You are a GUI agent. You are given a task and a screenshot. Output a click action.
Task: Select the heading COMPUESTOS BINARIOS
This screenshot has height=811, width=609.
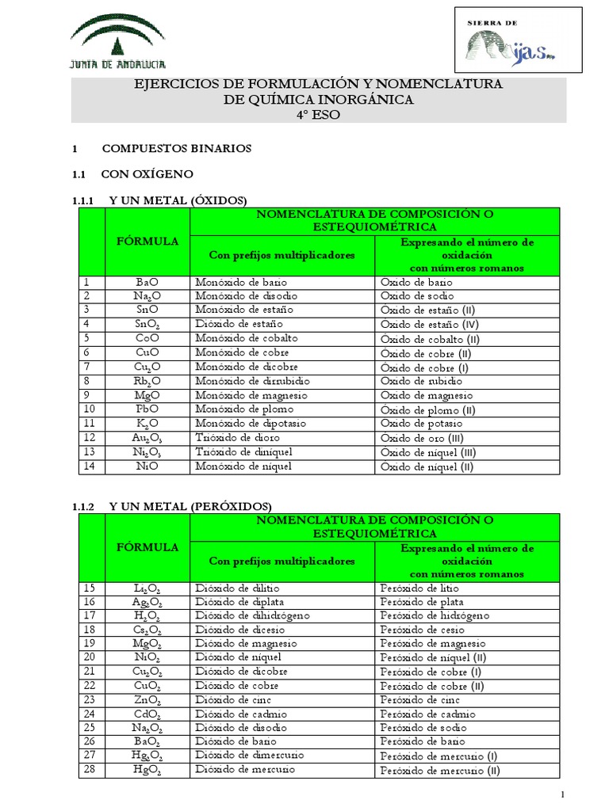[176, 148]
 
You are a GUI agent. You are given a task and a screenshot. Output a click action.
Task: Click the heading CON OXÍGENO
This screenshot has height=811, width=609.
[147, 173]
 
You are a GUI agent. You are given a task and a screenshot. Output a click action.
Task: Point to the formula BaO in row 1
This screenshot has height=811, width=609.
[147, 282]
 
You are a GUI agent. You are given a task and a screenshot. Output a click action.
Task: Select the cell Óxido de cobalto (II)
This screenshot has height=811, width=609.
[429, 339]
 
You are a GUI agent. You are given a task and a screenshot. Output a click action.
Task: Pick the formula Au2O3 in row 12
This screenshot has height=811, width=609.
[147, 438]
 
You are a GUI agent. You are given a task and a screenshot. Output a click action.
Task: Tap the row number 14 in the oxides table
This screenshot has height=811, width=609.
[89, 466]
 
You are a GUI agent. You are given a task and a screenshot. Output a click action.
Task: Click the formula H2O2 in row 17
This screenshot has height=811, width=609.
[147, 616]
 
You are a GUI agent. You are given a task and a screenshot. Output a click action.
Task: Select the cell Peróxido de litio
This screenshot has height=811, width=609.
[419, 588]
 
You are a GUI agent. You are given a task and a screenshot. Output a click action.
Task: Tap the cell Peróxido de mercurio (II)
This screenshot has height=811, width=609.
[439, 770]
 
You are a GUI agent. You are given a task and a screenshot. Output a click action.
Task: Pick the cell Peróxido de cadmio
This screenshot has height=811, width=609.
[423, 714]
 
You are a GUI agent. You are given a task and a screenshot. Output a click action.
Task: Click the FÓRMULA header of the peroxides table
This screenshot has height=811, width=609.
[147, 546]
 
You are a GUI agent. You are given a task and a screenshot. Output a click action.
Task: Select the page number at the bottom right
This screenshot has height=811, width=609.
[562, 794]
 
